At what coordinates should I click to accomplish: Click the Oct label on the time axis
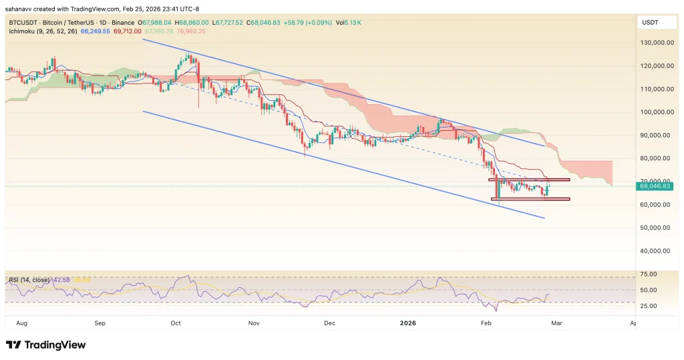pos(176,323)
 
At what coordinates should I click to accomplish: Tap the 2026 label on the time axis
pos(407,323)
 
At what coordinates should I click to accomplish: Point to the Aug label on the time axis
pos(21,323)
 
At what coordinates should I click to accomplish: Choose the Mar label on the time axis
pos(558,323)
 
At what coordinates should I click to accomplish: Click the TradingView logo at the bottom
pos(45,345)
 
